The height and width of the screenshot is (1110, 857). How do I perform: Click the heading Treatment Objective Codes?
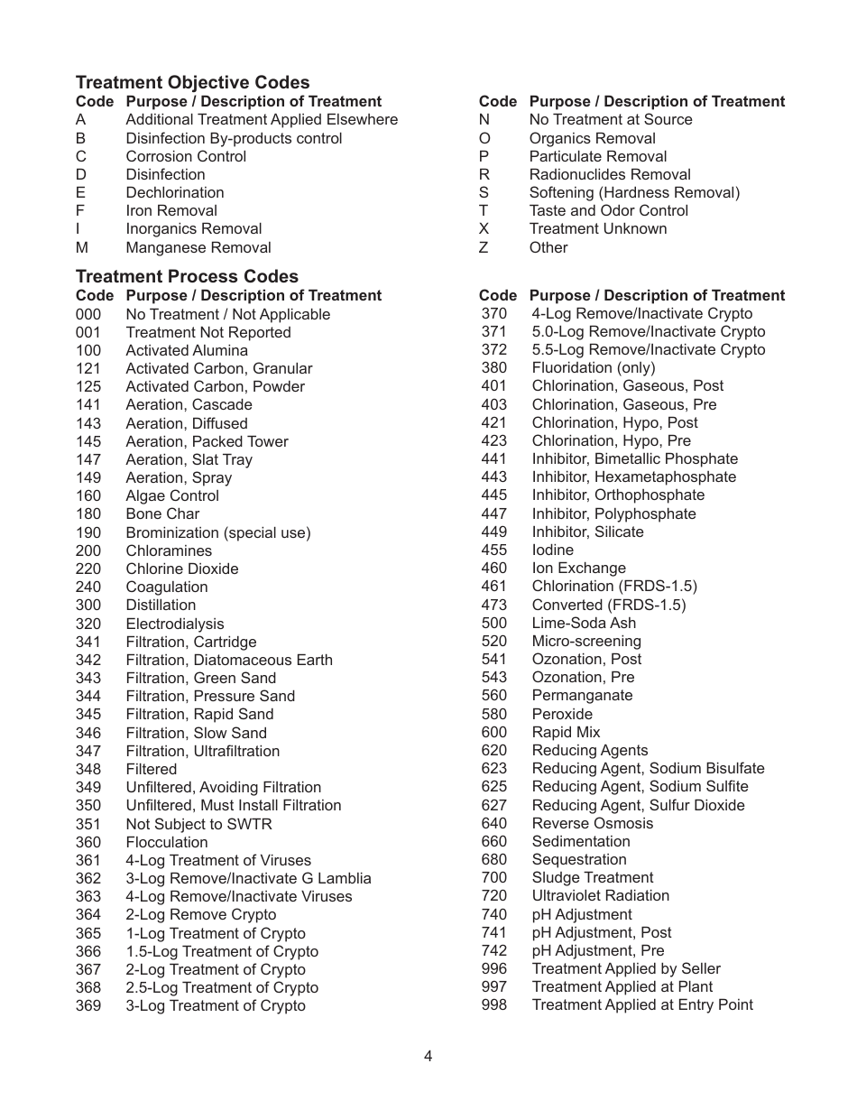(x=192, y=82)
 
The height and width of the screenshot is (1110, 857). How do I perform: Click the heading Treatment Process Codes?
(x=187, y=276)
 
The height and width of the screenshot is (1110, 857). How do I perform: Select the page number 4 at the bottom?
(x=428, y=1057)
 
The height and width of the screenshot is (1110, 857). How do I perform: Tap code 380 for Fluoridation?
(x=493, y=368)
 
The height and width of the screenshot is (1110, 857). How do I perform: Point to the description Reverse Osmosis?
(x=592, y=823)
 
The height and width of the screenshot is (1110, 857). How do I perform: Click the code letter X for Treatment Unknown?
(x=484, y=229)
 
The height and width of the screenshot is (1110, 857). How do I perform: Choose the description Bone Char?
(x=162, y=514)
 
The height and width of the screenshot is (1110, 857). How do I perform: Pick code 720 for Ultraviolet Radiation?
(x=493, y=896)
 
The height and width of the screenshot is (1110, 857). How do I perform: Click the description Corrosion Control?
(x=186, y=156)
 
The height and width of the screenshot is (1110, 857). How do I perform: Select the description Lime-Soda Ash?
(x=583, y=623)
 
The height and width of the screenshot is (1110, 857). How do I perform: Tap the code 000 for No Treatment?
(x=88, y=314)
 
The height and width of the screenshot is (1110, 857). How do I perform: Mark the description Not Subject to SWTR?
(x=198, y=824)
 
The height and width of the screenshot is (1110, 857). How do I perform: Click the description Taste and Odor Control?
(x=608, y=210)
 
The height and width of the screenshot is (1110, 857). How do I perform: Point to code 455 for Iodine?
(x=493, y=550)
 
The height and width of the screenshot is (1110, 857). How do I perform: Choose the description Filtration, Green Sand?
(x=200, y=678)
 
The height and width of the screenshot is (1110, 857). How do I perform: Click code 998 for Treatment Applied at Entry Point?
(x=493, y=1005)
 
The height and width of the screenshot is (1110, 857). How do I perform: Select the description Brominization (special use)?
(x=217, y=532)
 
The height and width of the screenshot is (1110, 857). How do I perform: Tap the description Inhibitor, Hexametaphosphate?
(x=633, y=477)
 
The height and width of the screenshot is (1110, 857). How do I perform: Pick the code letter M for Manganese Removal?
(x=81, y=247)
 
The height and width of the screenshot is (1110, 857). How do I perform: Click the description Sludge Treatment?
(x=592, y=878)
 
